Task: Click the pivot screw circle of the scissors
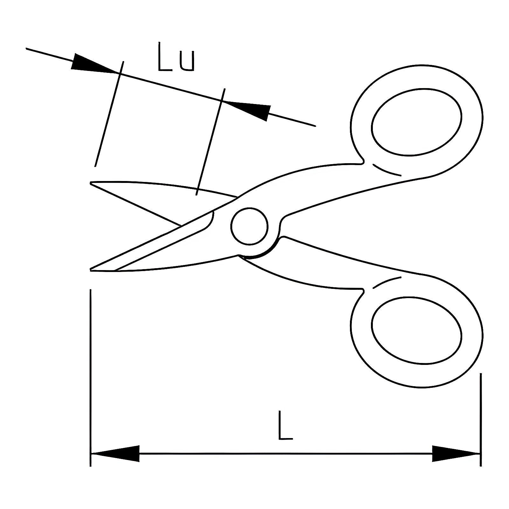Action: pyautogui.click(x=249, y=226)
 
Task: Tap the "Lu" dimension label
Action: pyautogui.click(x=176, y=57)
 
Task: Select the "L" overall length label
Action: pyautogui.click(x=285, y=425)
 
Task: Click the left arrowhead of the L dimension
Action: pyautogui.click(x=115, y=453)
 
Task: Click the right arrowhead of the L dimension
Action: pyautogui.click(x=456, y=453)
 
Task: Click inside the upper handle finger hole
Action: pyautogui.click(x=416, y=122)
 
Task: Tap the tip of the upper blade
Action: pyautogui.click(x=91, y=183)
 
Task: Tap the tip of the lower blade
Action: pyautogui.click(x=91, y=270)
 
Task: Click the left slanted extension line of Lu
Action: pyautogui.click(x=109, y=114)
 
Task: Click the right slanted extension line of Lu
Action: pyautogui.click(x=211, y=142)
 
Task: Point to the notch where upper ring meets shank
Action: pyautogui.click(x=363, y=161)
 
